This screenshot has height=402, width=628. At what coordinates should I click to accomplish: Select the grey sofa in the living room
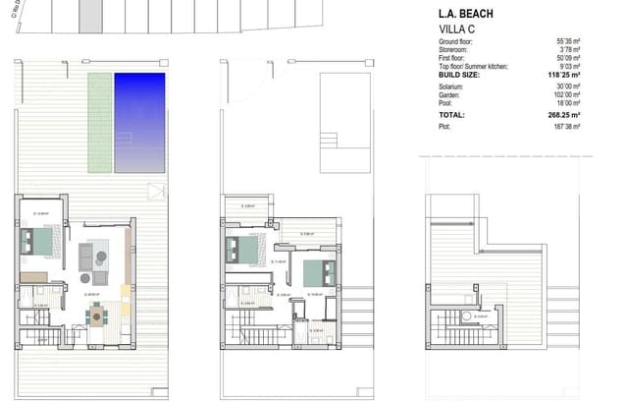click(x=86, y=257)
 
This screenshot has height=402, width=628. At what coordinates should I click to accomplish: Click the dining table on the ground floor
click(x=96, y=316)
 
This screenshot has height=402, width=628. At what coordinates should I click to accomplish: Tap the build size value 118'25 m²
click(x=564, y=74)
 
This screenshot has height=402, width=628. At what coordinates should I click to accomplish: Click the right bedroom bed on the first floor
click(x=315, y=272)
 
